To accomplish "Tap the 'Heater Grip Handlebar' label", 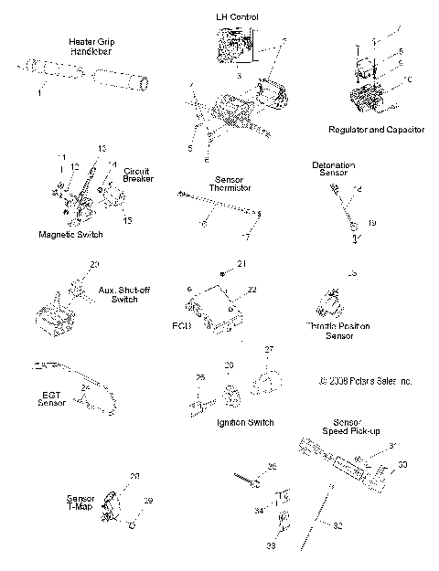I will [88, 48].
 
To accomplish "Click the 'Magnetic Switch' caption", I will [70, 235].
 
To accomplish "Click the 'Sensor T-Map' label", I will [80, 504].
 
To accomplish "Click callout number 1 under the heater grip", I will [39, 92].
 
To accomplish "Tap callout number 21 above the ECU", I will [242, 264].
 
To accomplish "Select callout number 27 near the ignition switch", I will [269, 350].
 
